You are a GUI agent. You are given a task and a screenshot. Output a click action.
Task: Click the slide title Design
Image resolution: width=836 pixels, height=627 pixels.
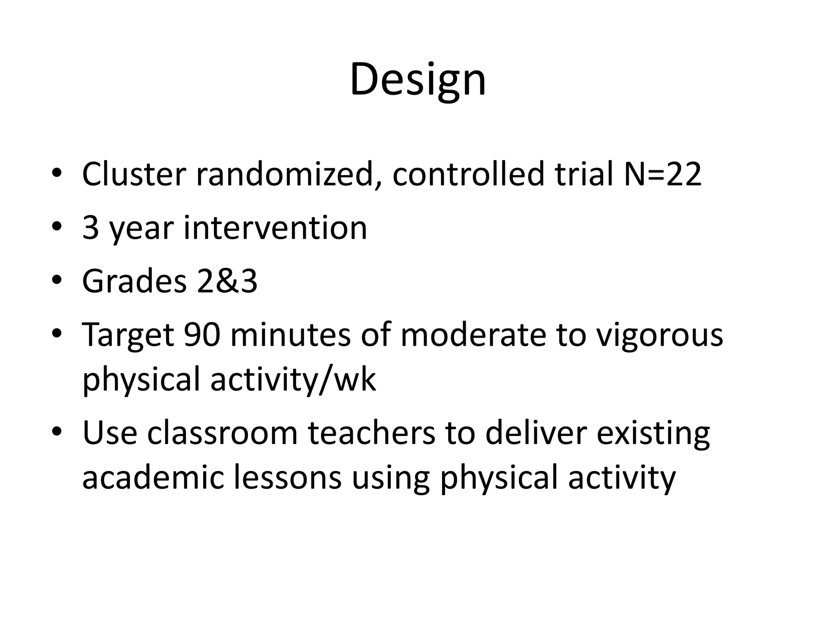418,79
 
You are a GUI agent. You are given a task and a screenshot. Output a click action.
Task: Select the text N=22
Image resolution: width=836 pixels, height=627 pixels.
663,174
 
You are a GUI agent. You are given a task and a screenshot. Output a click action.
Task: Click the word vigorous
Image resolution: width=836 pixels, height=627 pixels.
659,335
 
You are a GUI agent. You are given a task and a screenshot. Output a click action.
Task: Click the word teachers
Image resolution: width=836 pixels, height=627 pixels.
371,433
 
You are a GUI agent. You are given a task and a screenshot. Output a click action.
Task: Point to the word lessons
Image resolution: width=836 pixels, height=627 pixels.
287,478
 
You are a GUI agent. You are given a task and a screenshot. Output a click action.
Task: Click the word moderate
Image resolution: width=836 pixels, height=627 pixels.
473,335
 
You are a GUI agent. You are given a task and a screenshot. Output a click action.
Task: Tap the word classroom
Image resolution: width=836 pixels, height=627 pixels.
222,433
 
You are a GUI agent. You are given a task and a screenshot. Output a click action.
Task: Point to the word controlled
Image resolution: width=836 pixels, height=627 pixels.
468,174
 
